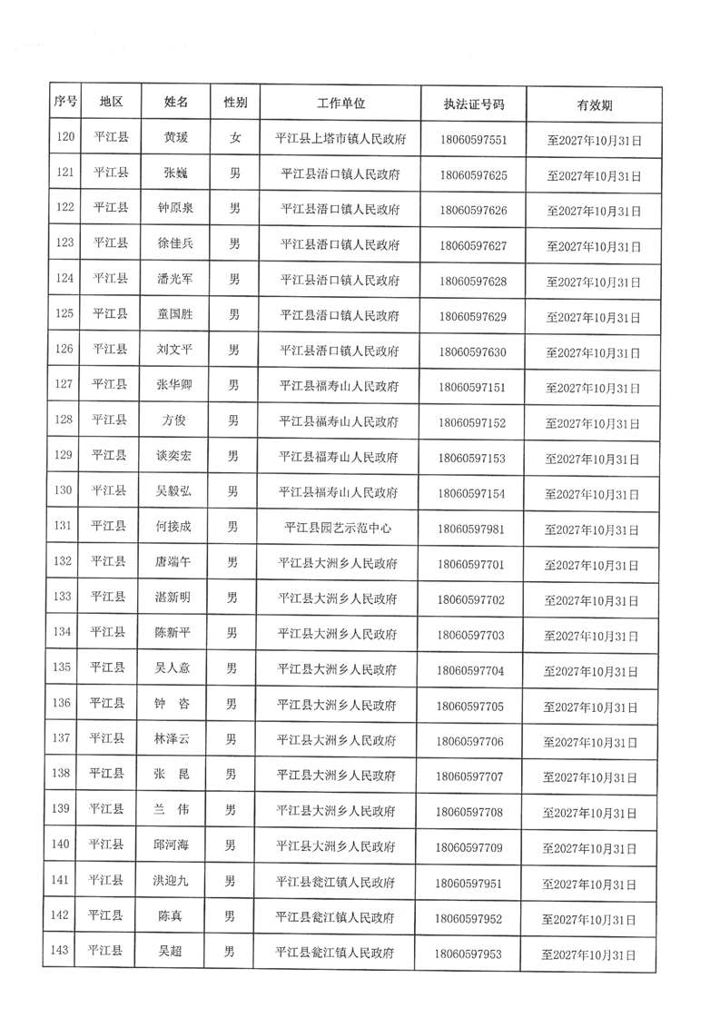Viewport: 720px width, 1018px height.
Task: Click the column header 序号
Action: pos(64,103)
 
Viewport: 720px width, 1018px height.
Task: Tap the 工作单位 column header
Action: pos(340,103)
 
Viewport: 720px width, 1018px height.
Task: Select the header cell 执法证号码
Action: pos(473,104)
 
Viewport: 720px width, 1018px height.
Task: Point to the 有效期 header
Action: pos(594,104)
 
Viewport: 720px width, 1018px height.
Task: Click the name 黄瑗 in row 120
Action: pos(176,138)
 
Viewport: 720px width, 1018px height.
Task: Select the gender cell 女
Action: pos(235,138)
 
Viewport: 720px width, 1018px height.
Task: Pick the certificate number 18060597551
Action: pos(472,140)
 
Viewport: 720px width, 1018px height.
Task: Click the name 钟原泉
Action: pos(175,208)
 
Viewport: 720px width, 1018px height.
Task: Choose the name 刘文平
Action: pos(174,349)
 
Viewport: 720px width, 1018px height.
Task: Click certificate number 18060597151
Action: pos(471,387)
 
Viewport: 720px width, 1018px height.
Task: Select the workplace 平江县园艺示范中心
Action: pos(338,527)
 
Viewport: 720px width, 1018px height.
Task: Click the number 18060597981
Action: pos(470,528)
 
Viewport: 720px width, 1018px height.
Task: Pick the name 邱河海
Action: pos(171,845)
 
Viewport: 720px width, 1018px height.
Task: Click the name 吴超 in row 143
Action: pos(171,952)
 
